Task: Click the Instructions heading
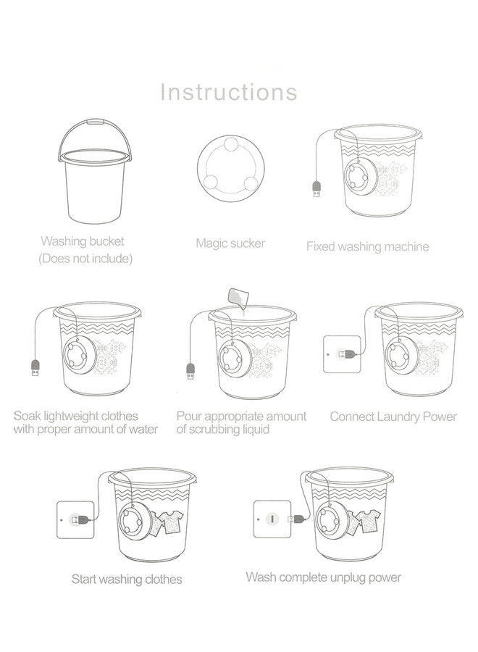pos(228,92)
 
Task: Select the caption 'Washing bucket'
pos(83,241)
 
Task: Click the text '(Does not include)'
pos(85,258)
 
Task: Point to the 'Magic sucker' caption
pos(230,243)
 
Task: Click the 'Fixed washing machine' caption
pos(367,246)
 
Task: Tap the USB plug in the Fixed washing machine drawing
pos(315,191)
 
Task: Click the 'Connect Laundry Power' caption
pos(393,417)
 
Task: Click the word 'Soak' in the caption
pos(28,417)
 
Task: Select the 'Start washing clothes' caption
pos(127,579)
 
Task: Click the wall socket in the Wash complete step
pos(272,519)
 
